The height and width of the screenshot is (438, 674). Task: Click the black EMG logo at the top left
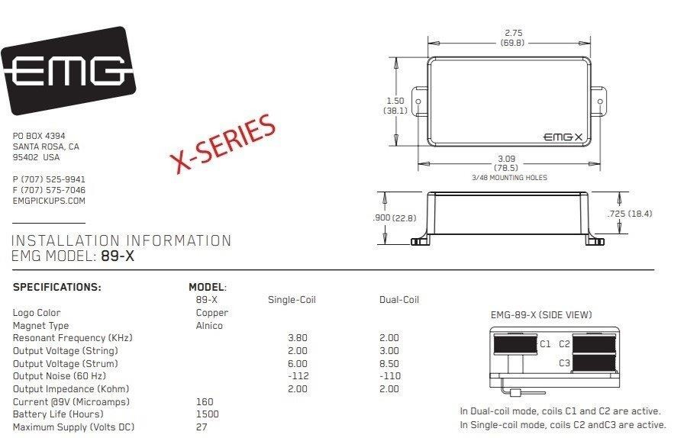69,70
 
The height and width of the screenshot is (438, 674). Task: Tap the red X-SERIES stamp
223,143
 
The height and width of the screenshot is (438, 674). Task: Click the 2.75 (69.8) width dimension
513,37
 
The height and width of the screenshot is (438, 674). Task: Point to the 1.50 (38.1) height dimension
395,105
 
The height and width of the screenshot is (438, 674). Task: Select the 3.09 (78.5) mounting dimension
506,163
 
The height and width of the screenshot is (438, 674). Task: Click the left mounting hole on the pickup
418,102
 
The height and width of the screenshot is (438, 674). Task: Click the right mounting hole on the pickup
600,102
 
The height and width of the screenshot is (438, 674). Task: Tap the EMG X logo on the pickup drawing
563,137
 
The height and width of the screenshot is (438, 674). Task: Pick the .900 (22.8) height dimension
395,218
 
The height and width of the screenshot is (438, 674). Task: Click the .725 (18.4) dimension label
629,214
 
